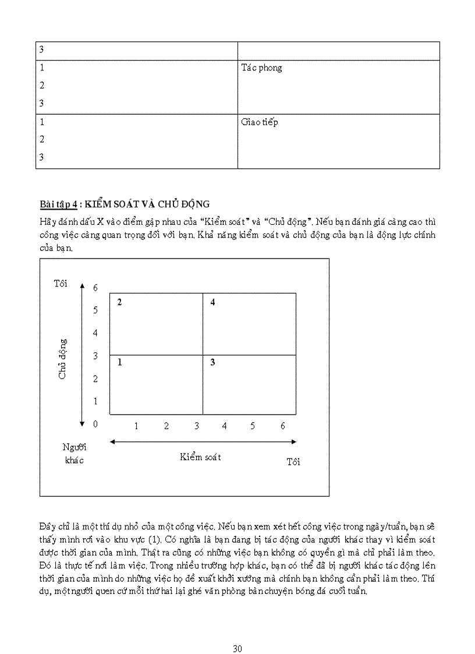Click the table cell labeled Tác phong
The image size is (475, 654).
pos(261,68)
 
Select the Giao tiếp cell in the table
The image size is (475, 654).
pos(260,122)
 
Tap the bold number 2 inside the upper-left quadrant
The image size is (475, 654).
pos(119,302)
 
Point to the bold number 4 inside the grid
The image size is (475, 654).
pos(213,302)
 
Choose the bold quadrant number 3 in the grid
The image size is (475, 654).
pos(213,362)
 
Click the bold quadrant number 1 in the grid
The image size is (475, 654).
pos(119,362)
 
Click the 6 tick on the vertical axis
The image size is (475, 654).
pos(95,288)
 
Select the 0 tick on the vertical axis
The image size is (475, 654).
pos(95,424)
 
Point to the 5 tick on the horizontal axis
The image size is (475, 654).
pos(253,426)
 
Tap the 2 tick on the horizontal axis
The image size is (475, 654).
pos(166,426)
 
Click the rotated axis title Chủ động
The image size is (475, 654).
pos(62,359)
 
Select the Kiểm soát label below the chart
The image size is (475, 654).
pos(200,457)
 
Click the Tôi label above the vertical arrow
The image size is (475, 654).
pos(61,284)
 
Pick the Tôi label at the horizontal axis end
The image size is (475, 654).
pos(293,462)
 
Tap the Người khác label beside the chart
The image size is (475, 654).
pos(74,454)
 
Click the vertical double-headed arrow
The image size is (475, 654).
pos(83,355)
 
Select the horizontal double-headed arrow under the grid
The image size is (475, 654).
pos(203,442)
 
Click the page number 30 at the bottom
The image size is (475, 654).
pos(237,632)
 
